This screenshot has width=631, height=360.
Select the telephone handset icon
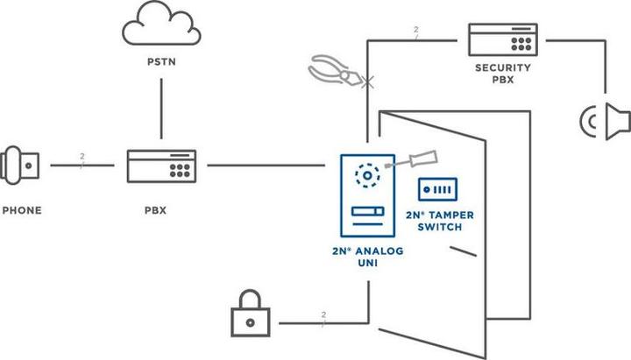pyautogui.click(x=19, y=164)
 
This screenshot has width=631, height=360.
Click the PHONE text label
pyautogui.click(x=21, y=210)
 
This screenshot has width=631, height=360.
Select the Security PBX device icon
pyautogui.click(x=504, y=39)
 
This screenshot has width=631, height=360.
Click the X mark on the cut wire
pyautogui.click(x=366, y=83)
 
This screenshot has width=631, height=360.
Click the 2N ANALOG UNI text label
pyautogui.click(x=365, y=258)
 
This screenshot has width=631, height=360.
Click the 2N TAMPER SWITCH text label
pyautogui.click(x=434, y=220)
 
